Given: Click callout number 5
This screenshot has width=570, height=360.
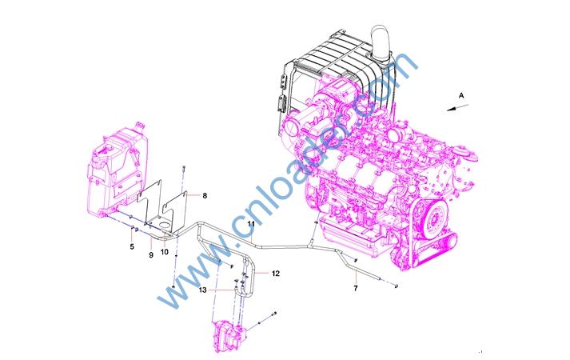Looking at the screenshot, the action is click(132, 247).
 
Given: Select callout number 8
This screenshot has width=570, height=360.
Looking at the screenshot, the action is click(205, 196).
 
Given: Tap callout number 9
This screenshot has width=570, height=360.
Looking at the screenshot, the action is click(151, 255).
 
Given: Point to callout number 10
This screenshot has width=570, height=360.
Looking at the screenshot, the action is click(165, 252).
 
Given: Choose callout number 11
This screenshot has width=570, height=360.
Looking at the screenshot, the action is click(251, 224).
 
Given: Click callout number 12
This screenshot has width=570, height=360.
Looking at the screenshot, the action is click(276, 273).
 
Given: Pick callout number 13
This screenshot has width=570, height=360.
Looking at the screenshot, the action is click(202, 290).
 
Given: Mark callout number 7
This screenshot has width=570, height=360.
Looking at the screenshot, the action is click(356, 288).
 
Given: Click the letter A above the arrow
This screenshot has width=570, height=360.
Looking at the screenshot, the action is click(461, 96).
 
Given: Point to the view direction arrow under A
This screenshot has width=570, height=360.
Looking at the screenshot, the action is click(457, 108).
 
